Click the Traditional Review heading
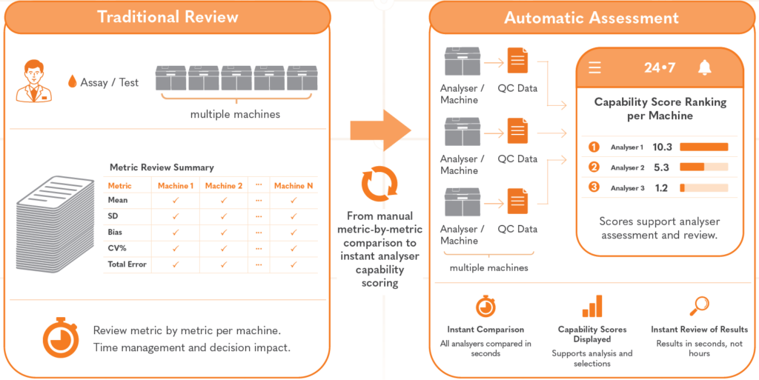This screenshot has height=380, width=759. click(x=168, y=17)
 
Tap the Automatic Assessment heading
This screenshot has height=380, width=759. click(x=591, y=18)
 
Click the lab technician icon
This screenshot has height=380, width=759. click(x=34, y=81)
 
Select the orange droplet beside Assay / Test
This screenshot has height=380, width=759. click(x=73, y=81)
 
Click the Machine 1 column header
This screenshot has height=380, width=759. click(x=175, y=186)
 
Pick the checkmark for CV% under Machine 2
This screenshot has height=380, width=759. click(x=223, y=248)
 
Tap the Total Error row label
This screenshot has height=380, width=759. click(x=127, y=264)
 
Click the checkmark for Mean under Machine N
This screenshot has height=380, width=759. click(x=294, y=200)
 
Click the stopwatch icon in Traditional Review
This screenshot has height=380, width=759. click(x=61, y=337)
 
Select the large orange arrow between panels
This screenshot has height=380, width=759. click(x=380, y=130)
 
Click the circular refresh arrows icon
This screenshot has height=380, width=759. click(x=379, y=183)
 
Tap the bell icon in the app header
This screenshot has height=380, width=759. click(x=705, y=67)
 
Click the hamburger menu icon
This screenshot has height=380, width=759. click(x=595, y=67)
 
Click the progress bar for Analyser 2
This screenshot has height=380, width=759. click(x=704, y=167)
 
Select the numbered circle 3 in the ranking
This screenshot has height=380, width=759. click(x=594, y=187)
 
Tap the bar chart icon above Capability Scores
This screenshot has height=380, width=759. click(x=592, y=306)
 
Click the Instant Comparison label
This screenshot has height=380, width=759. click(x=485, y=329)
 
